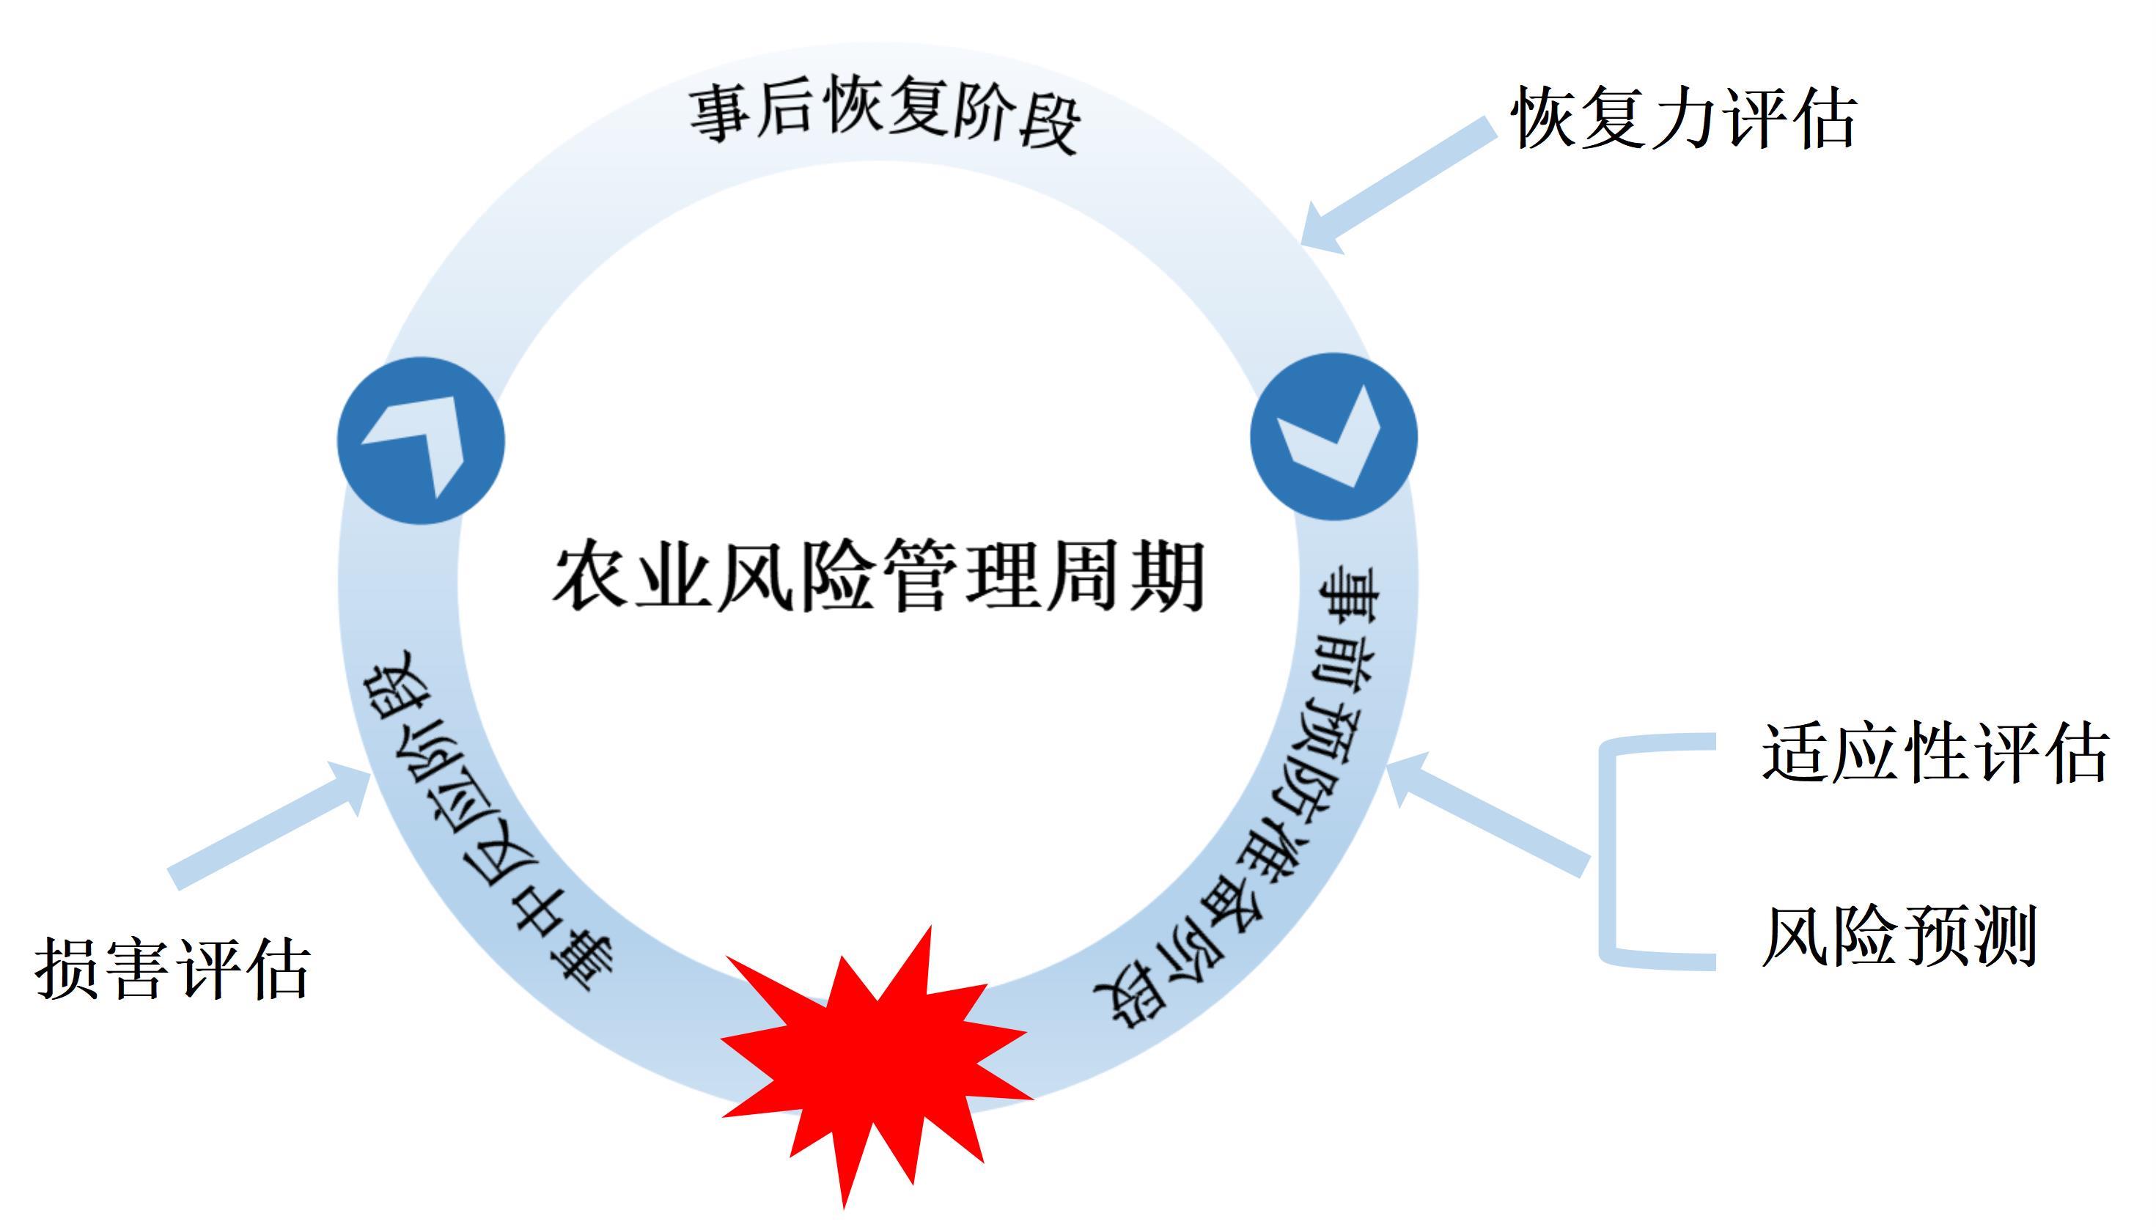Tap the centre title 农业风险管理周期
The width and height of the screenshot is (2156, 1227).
click(x=879, y=578)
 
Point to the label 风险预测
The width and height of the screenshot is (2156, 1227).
click(x=1899, y=936)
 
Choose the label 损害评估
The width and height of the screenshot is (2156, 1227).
click(x=173, y=970)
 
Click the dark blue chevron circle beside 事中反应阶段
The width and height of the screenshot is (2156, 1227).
click(x=421, y=441)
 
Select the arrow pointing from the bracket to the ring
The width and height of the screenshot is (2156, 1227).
click(x=1487, y=813)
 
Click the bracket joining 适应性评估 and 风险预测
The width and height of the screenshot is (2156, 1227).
click(x=1614, y=851)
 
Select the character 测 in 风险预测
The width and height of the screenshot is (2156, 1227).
click(x=2002, y=936)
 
